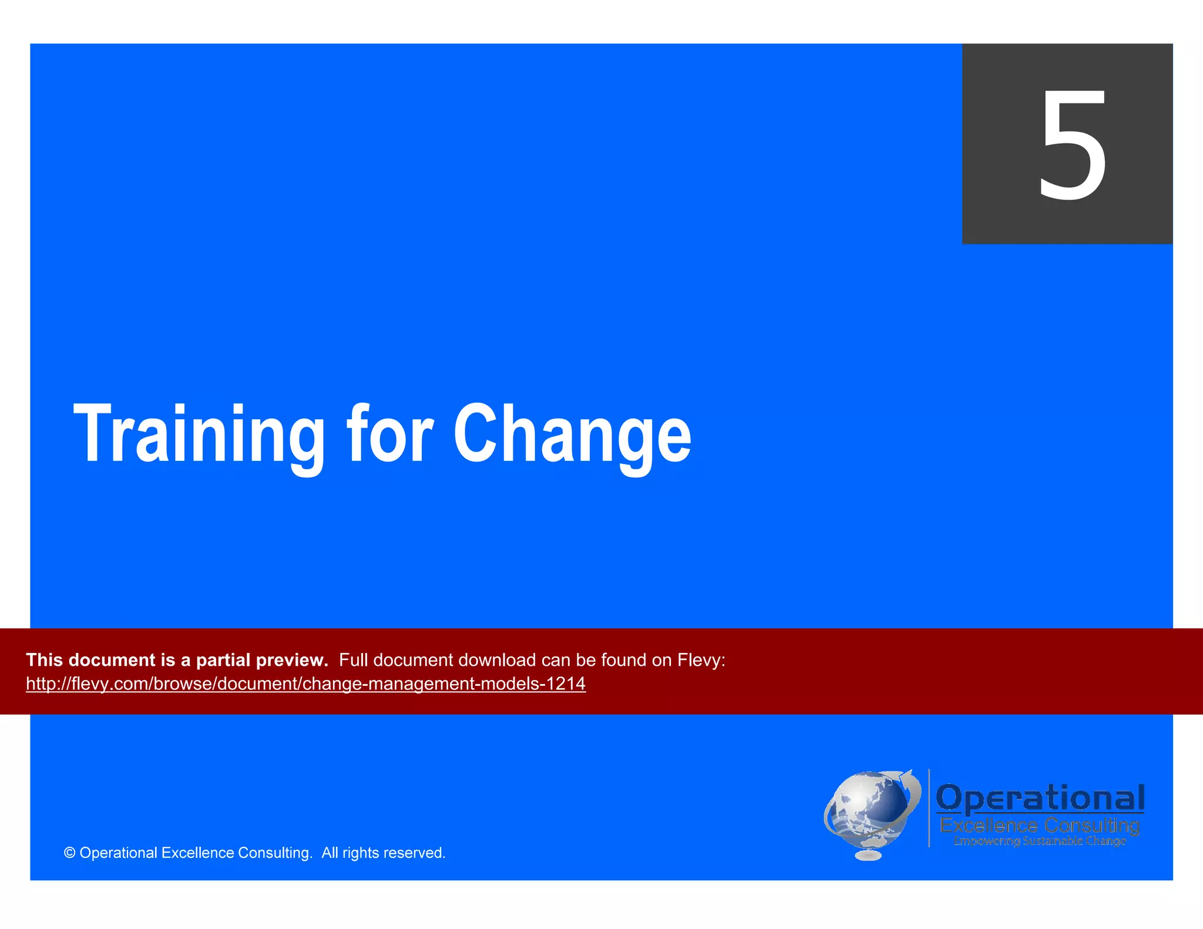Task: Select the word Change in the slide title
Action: [572, 435]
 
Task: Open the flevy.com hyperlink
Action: [305, 684]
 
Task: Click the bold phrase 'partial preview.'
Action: [262, 660]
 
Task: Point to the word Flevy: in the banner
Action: [701, 660]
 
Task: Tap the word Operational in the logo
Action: [1040, 798]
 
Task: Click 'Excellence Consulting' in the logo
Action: [1040, 826]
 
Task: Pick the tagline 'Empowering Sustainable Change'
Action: [1040, 841]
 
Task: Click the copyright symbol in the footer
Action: [69, 853]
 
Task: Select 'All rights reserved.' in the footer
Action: [384, 853]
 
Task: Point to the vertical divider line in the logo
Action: [929, 808]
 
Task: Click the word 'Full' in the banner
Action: [353, 660]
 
